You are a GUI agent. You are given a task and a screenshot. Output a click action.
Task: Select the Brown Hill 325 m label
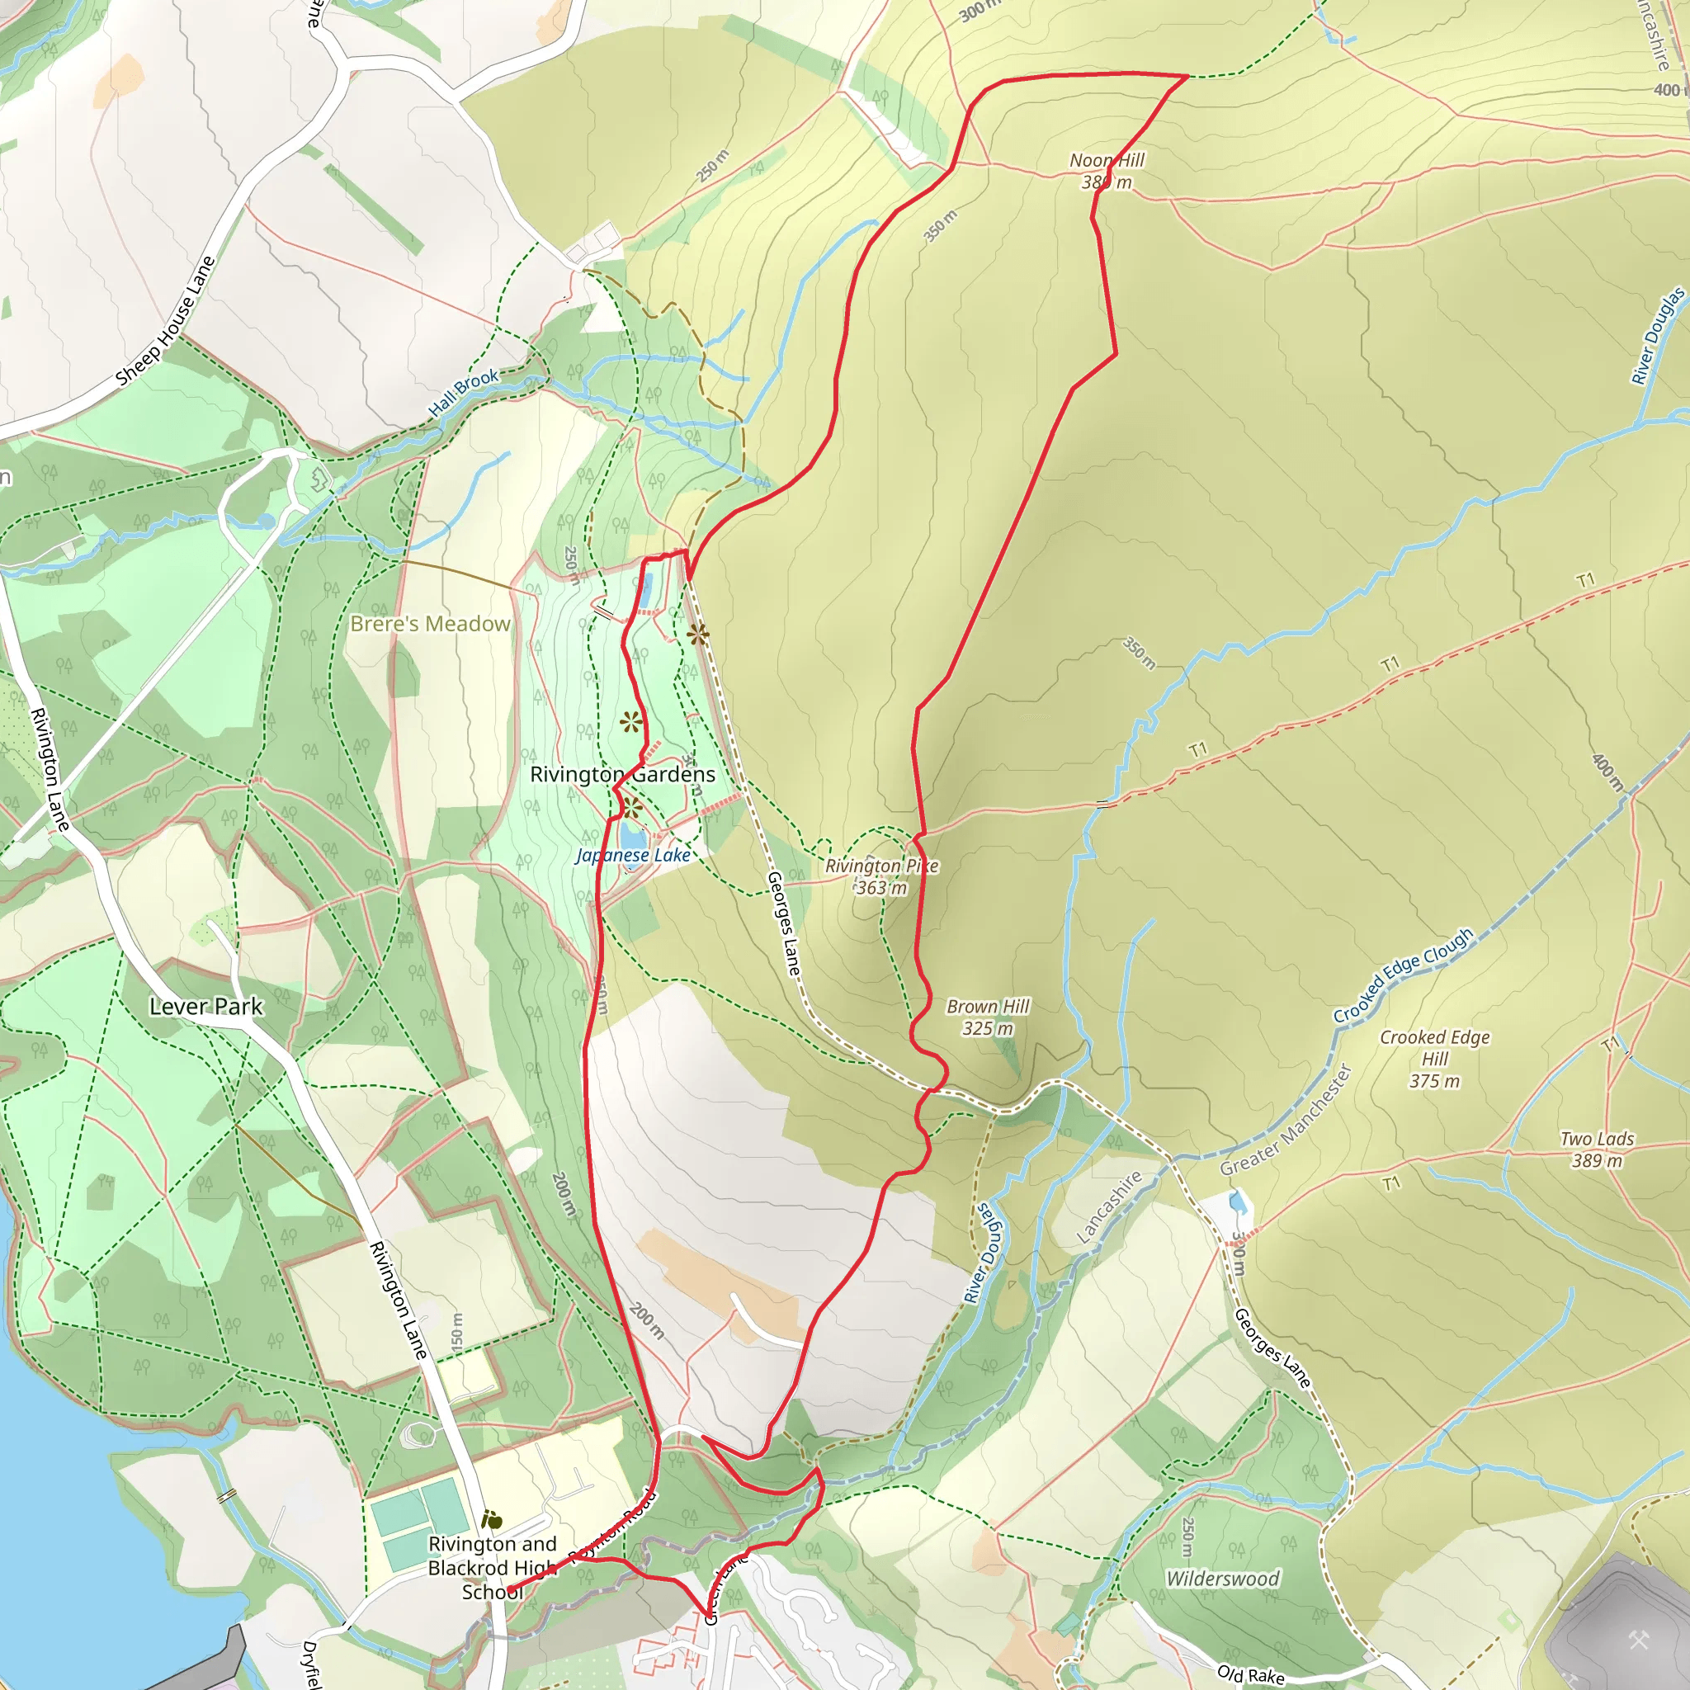(988, 1017)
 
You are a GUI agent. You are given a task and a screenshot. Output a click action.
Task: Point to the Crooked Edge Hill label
(1434, 1059)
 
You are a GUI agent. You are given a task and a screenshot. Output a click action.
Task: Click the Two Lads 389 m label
(1598, 1149)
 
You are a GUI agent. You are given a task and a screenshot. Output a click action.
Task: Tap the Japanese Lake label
(633, 856)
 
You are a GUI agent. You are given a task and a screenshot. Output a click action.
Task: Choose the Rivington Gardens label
(622, 774)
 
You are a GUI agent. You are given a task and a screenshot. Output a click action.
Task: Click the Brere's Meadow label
(429, 624)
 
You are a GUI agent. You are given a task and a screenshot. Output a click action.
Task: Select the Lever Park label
(205, 1007)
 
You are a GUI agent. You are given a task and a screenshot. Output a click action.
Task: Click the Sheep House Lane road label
(165, 321)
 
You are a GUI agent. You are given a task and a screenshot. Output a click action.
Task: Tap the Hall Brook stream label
(463, 392)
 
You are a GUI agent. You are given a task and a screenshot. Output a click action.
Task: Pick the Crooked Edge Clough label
(1402, 975)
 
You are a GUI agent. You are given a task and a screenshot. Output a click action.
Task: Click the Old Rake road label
(1250, 1674)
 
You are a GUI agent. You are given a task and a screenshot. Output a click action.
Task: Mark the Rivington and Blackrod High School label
(492, 1568)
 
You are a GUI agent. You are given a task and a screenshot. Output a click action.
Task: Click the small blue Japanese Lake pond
(631, 835)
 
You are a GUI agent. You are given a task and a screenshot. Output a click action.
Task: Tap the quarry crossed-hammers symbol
(1638, 1640)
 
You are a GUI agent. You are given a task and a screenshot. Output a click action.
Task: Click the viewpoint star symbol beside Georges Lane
(697, 635)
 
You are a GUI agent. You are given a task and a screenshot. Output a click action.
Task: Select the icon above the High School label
(492, 1520)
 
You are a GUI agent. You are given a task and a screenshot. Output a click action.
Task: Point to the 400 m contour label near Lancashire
(1667, 90)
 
